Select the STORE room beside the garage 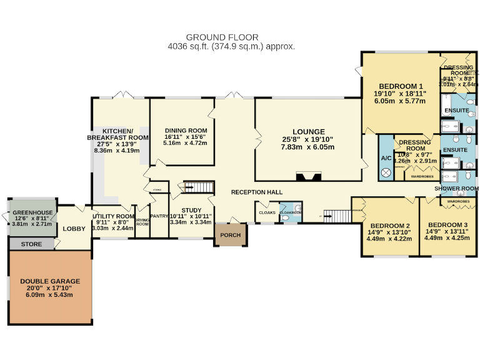[x=31, y=244]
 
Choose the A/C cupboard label [x=386, y=158]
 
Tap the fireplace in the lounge [x=307, y=176]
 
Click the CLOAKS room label [x=267, y=212]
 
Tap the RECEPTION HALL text [x=256, y=192]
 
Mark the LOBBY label [x=74, y=229]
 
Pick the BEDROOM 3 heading [x=447, y=224]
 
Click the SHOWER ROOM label [x=456, y=188]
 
